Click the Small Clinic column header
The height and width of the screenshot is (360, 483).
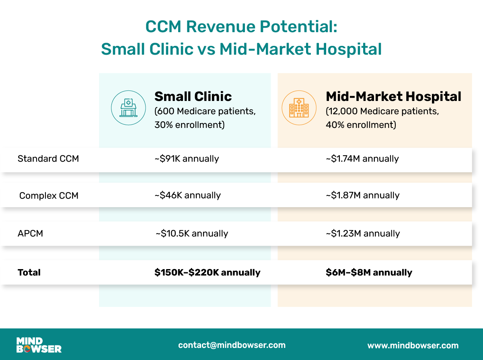coord(193,97)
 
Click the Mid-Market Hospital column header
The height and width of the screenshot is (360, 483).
coord(393,97)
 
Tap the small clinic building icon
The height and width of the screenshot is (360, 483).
coord(128,108)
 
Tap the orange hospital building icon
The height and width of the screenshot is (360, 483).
coord(299,108)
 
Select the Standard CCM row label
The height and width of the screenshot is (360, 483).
coord(48,158)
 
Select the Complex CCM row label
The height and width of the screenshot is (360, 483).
coord(49,196)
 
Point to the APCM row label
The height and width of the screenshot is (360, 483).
coord(30,233)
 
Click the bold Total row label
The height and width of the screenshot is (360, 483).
coord(29,272)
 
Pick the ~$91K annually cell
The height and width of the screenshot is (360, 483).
coord(187,158)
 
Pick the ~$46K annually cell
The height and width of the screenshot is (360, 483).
coord(187,195)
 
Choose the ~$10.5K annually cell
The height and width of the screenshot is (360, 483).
coord(192,233)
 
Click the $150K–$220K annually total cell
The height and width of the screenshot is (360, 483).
coord(208,272)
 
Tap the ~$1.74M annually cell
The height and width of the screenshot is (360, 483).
coord(362,158)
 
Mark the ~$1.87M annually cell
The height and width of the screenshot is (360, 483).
coord(363,195)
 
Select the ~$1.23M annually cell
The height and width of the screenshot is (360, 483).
coord(363,233)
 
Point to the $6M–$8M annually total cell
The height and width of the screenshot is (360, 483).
coord(369,272)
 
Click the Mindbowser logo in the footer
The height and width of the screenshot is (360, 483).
coord(39,345)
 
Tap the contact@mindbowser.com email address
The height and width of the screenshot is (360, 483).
coord(232,345)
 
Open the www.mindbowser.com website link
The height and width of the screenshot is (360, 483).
coord(413,346)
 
